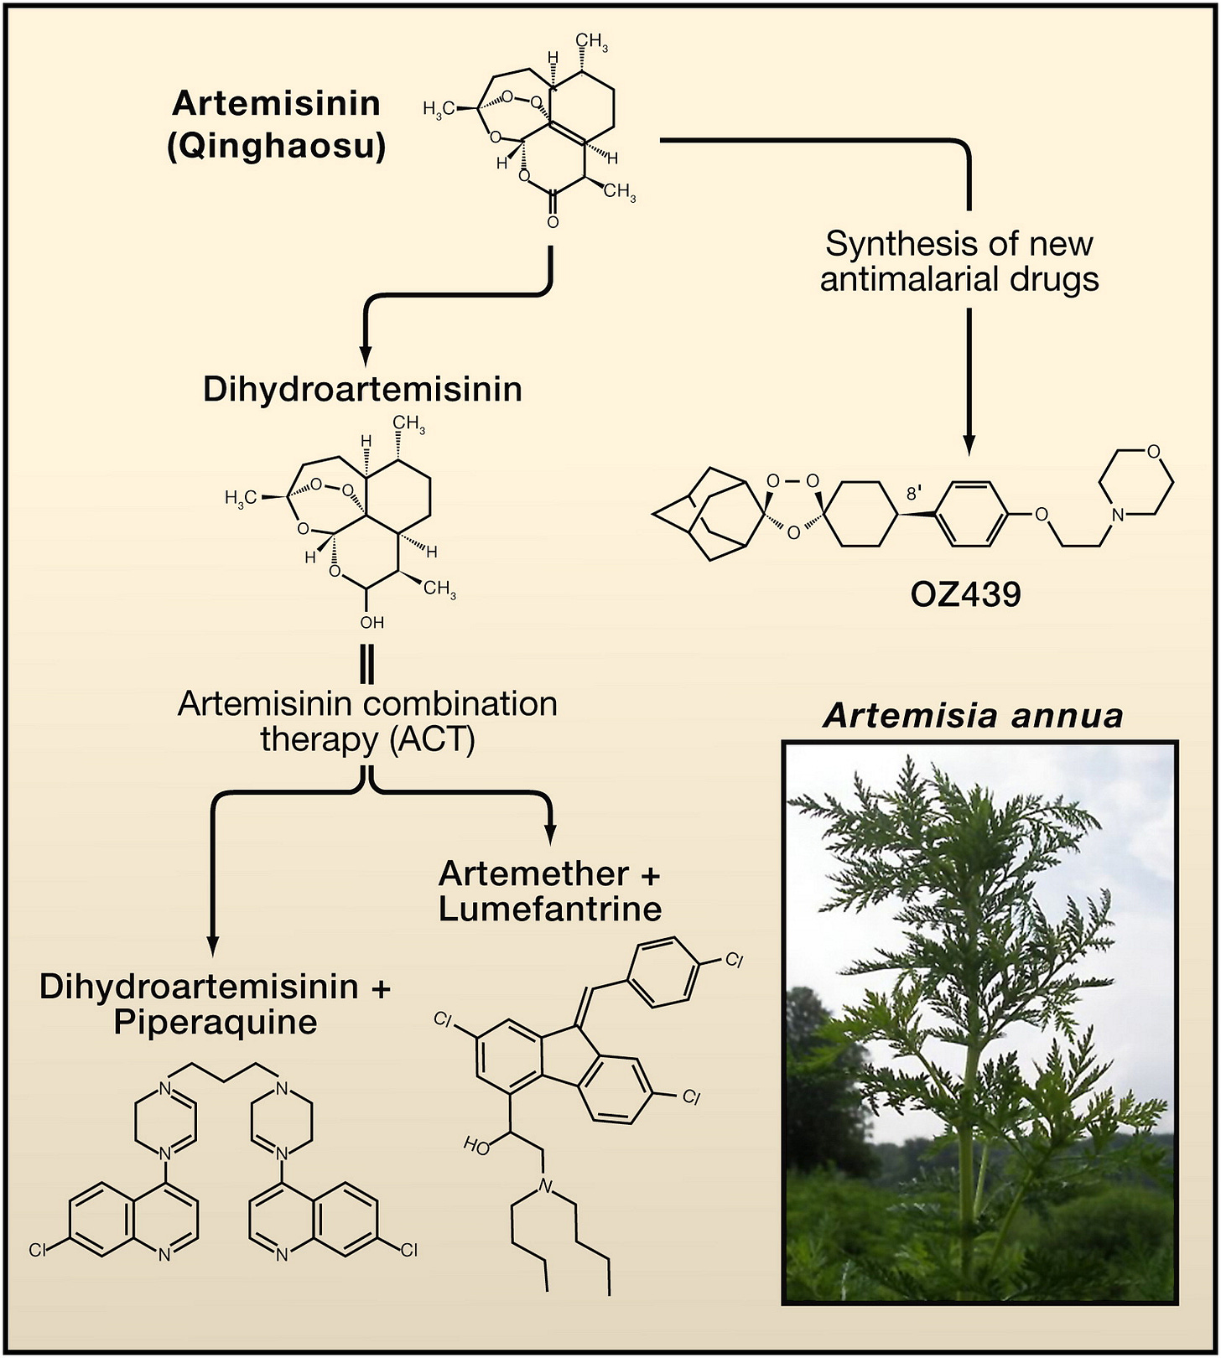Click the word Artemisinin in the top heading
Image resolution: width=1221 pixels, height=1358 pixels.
[x=277, y=104]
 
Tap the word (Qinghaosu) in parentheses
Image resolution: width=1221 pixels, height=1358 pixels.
[x=277, y=147]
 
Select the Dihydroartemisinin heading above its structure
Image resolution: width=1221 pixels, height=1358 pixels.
[x=362, y=390]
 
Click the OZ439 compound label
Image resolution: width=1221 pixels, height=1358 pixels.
[x=965, y=594]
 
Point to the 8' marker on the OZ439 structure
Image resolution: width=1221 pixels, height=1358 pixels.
[x=914, y=494]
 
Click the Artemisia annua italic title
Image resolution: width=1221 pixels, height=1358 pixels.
[x=973, y=716]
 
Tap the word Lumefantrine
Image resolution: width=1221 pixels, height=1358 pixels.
[x=550, y=909]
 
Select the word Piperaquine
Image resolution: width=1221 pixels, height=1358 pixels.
[x=216, y=1023]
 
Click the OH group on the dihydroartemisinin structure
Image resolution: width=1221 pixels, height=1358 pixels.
[x=371, y=622]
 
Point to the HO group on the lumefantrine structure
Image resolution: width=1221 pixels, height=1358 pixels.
[x=476, y=1146]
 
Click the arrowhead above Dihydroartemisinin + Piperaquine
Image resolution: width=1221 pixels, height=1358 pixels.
[x=212, y=946]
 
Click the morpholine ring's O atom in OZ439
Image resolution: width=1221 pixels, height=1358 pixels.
[x=1154, y=452]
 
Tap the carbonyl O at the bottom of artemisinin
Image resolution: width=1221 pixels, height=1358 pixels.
[x=553, y=222]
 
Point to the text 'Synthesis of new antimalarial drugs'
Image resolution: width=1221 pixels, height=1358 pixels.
[x=959, y=261]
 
